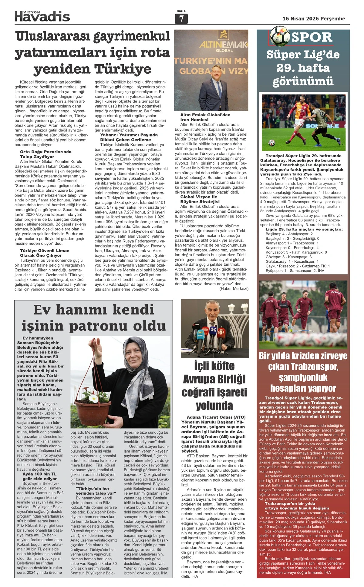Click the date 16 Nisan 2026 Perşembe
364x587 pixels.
(314, 18)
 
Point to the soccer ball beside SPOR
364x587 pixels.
(279, 35)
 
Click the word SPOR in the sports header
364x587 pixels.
(312, 37)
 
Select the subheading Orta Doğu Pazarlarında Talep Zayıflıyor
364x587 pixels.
(45, 154)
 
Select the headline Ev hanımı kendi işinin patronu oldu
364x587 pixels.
(93, 318)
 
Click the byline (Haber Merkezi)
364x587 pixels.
(234, 288)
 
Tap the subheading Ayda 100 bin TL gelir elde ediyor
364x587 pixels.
(39, 476)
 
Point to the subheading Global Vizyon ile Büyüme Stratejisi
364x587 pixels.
(200, 199)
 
